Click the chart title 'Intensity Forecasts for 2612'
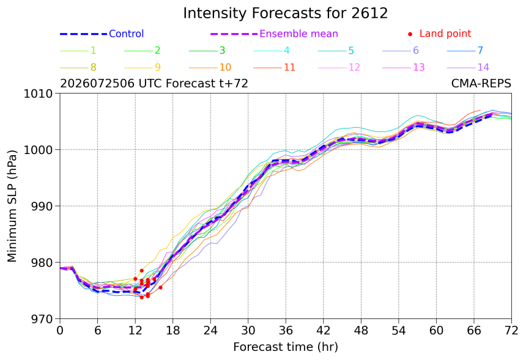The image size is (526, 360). point(286,13)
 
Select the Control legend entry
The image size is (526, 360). point(102,34)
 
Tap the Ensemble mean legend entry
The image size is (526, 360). point(274,34)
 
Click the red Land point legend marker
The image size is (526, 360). point(410,34)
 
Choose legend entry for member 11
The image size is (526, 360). point(275,67)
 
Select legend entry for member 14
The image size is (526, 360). point(468,67)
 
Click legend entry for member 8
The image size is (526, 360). point(78,67)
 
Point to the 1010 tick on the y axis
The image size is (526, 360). point(39,94)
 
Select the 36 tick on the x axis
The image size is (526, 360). point(286,331)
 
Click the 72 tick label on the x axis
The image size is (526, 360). point(511,331)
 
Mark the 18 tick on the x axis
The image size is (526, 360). point(172,331)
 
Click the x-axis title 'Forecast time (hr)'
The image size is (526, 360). point(286,347)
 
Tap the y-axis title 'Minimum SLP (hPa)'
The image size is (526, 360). point(12,206)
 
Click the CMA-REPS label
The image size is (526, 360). point(481,83)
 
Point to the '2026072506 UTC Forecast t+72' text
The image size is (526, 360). point(154,83)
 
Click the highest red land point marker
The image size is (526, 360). point(141,271)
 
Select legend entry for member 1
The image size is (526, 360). point(78,51)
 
